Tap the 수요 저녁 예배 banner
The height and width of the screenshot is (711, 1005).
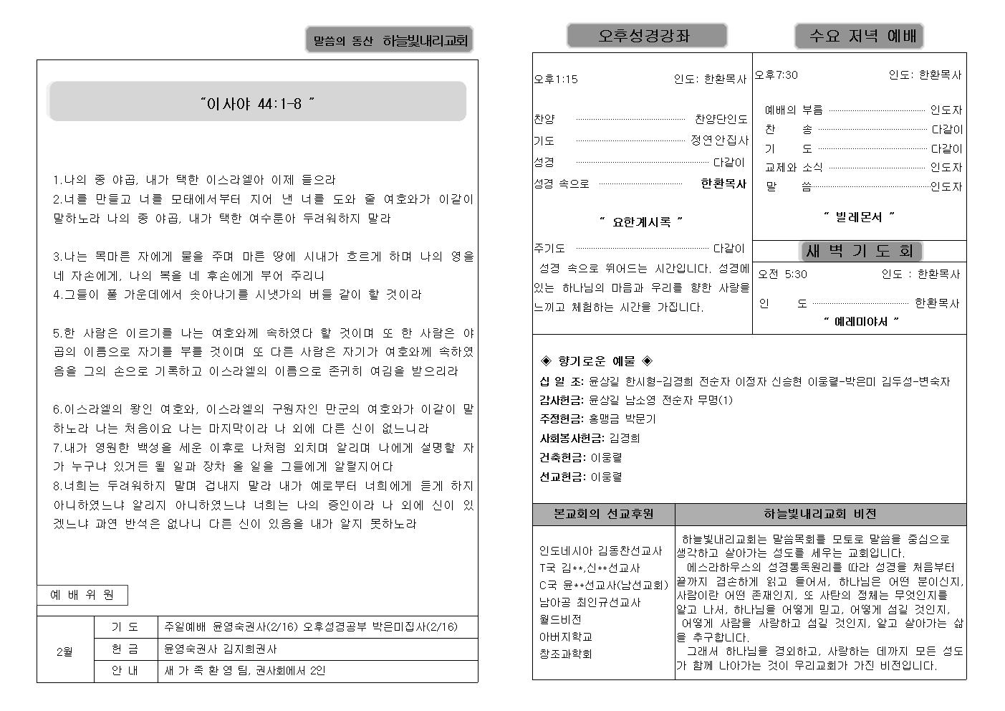(858, 36)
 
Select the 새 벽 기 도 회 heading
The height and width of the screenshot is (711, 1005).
(859, 251)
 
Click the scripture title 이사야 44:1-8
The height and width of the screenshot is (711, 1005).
(258, 104)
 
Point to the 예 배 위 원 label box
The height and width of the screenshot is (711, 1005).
(82, 595)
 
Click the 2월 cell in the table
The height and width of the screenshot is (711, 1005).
(64, 652)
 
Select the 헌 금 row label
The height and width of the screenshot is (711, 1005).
(125, 649)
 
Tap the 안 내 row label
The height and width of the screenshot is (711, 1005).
(125, 672)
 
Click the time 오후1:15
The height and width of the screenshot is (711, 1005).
(556, 80)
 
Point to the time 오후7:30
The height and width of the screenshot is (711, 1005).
(776, 75)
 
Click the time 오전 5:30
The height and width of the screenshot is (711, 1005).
(782, 274)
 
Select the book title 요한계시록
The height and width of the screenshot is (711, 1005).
(641, 222)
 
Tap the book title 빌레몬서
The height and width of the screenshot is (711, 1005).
(859, 216)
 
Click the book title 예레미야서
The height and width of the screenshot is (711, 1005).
(860, 322)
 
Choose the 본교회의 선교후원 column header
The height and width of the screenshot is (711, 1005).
(603, 514)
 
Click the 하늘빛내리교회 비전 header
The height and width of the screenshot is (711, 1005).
(819, 514)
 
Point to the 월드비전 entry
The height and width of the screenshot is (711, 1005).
(560, 619)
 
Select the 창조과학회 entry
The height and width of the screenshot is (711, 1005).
(565, 654)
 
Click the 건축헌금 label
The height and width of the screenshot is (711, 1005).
(562, 457)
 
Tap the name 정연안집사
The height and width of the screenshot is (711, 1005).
(719, 140)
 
